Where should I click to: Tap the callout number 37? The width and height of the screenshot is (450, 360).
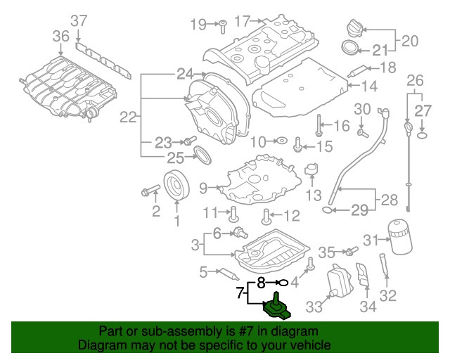[x=79, y=21]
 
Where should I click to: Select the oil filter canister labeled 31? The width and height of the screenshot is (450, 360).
[x=400, y=237]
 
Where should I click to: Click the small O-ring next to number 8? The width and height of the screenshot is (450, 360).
[x=283, y=283]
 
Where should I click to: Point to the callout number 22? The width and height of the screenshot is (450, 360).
[x=128, y=117]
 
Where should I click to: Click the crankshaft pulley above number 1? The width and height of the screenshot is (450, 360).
[x=176, y=185]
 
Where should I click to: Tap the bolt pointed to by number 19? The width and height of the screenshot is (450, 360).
[x=222, y=27]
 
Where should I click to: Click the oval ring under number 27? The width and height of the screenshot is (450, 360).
[x=422, y=135]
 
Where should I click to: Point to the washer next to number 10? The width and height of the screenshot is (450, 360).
[x=282, y=141]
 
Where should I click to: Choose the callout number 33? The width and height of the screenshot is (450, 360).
[x=314, y=307]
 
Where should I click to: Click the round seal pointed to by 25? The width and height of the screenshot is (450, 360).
[x=203, y=155]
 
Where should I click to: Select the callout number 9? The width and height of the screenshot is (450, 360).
[x=203, y=188]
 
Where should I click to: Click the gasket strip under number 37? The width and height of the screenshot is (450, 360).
[x=103, y=60]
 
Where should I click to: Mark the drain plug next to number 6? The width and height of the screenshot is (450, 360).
[x=240, y=233]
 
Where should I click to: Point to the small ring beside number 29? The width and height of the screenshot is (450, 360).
[x=328, y=210]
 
